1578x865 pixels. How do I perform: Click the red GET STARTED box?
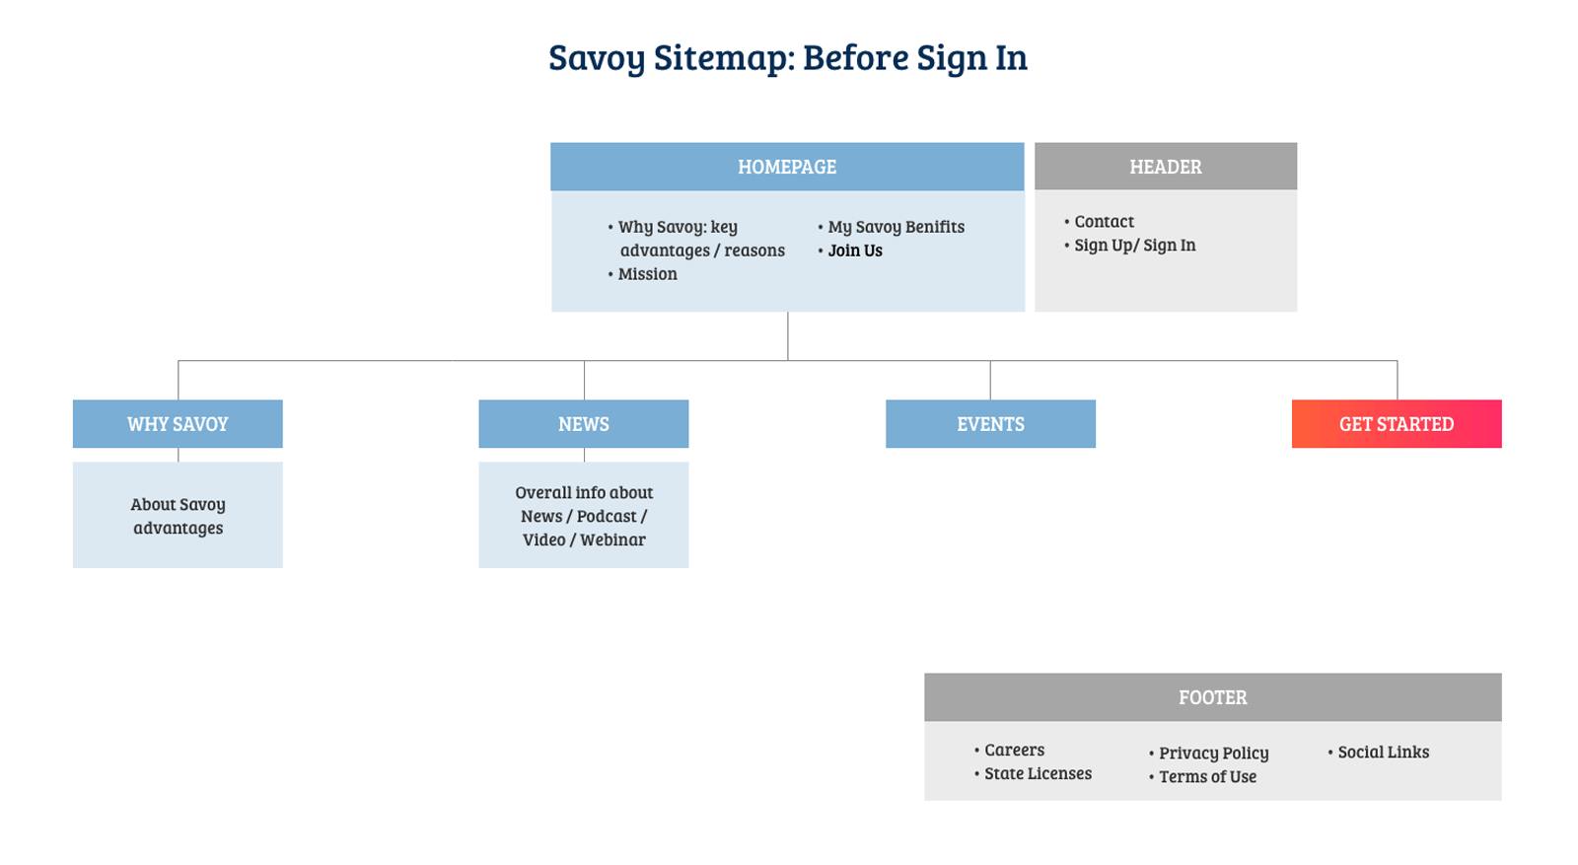pyautogui.click(x=1397, y=424)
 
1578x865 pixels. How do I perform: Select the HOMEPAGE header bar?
pyautogui.click(x=787, y=167)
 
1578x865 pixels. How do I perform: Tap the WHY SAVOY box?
pyautogui.click(x=178, y=424)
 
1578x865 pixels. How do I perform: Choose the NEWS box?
pyautogui.click(x=583, y=424)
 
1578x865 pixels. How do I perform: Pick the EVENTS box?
pyautogui.click(x=990, y=424)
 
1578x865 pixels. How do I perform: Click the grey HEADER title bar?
pyautogui.click(x=1166, y=167)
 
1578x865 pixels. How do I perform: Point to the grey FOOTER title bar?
pyautogui.click(x=1213, y=697)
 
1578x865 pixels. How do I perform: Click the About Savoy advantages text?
pyautogui.click(x=179, y=516)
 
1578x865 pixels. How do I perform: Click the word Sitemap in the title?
pyautogui.click(x=724, y=58)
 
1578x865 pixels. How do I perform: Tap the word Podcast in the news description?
pyautogui.click(x=607, y=516)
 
